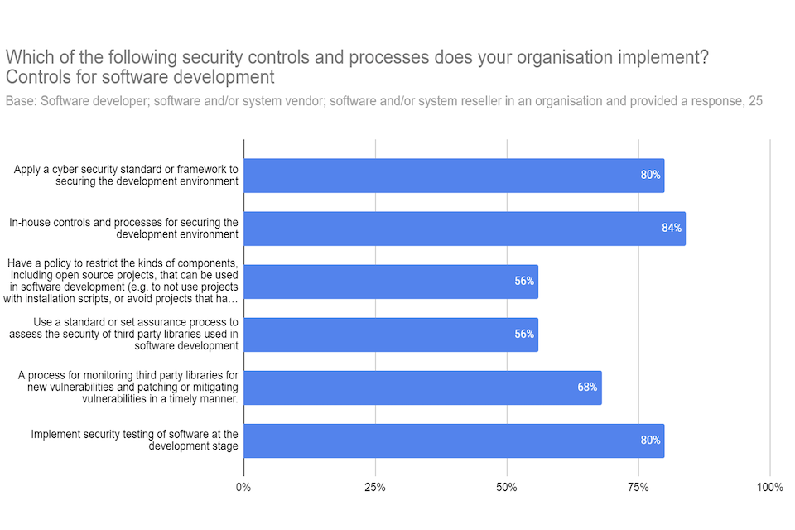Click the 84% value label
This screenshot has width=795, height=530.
coord(671,228)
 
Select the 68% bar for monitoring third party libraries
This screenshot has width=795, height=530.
coord(422,388)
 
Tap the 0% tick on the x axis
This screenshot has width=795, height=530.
coord(243,487)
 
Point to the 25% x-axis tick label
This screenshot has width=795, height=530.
coord(375,487)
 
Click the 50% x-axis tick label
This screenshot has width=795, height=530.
coord(507,487)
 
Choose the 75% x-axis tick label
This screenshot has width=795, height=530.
coord(638,487)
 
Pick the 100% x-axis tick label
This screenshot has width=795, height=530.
coord(769,487)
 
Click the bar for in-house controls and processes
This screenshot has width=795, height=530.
coord(464,229)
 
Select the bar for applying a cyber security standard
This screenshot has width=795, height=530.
coord(454,176)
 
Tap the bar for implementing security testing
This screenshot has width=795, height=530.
coord(454,441)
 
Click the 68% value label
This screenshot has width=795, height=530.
coord(587,388)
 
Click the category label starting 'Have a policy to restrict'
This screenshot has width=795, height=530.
coord(124,281)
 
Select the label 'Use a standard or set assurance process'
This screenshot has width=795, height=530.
coord(124,334)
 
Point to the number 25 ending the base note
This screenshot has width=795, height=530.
coord(754,101)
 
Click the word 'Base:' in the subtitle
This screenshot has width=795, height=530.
coord(21,101)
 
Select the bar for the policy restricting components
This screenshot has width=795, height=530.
coord(391,282)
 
